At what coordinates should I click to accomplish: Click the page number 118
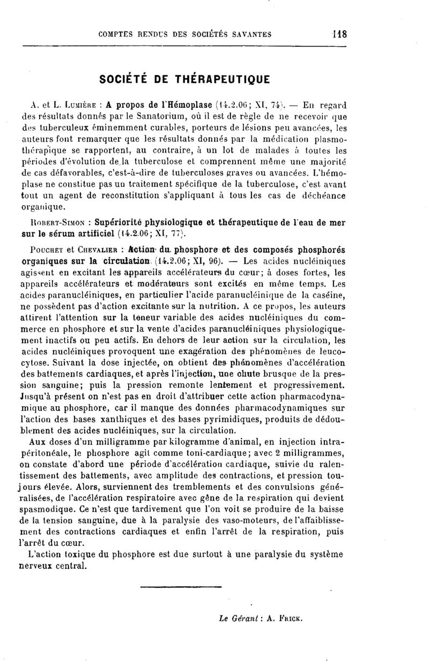pyautogui.click(x=339, y=34)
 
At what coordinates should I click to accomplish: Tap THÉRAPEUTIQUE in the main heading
pyautogui.click(x=223, y=79)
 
